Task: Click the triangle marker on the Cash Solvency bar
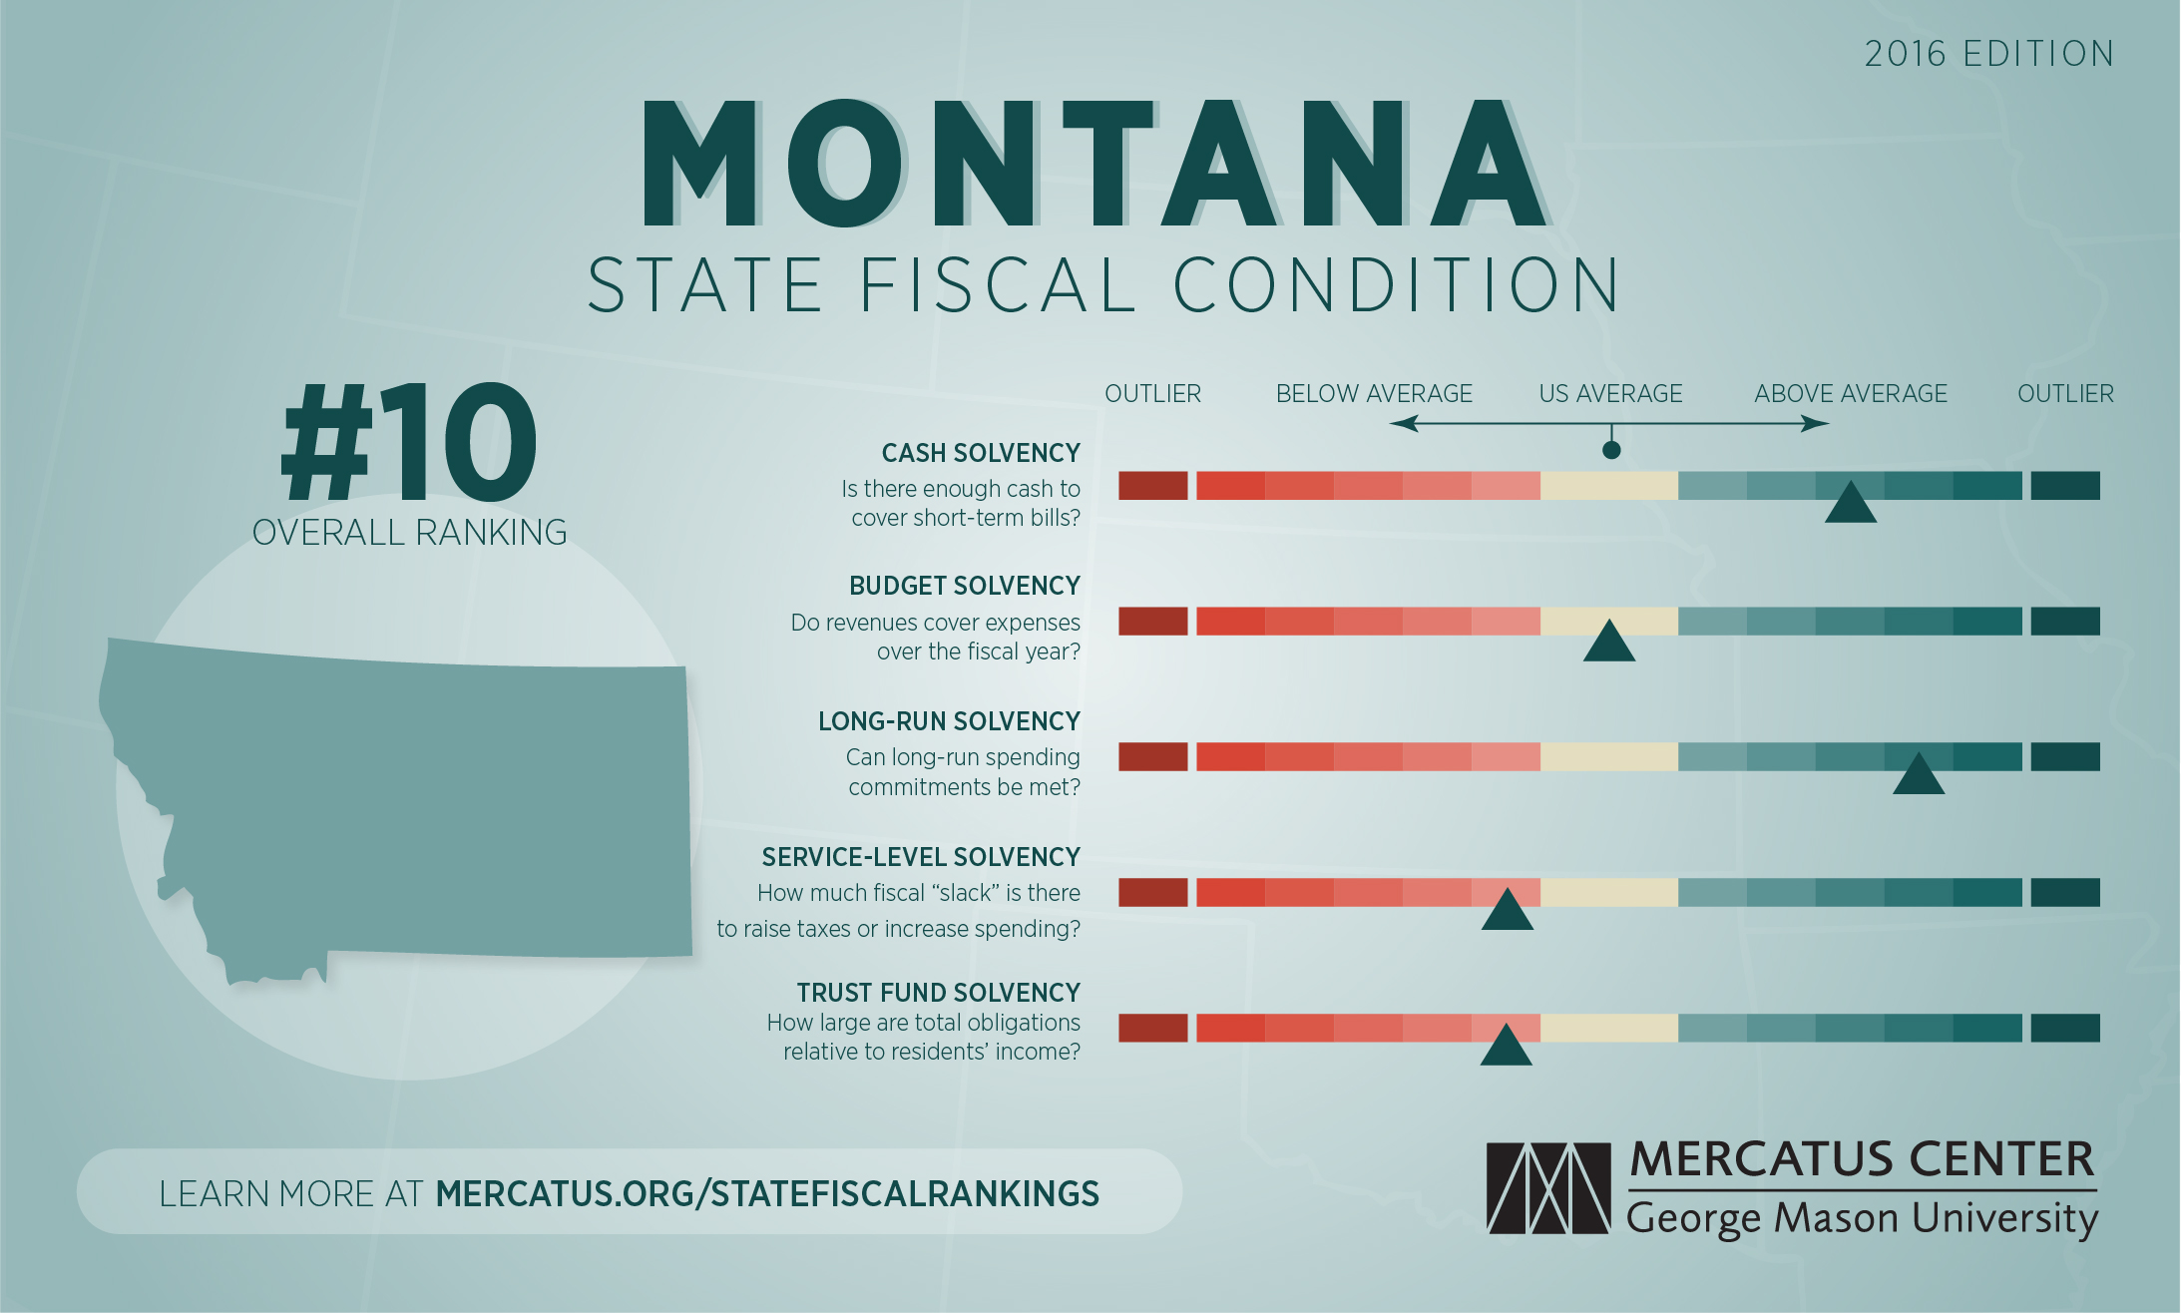click(x=1851, y=505)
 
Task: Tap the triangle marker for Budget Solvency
click(x=1609, y=644)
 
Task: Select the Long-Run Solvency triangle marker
click(x=1919, y=776)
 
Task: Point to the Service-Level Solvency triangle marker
click(x=1507, y=912)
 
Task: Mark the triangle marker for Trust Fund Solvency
click(x=1506, y=1048)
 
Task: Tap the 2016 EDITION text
click(x=1988, y=54)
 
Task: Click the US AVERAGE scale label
click(x=1610, y=394)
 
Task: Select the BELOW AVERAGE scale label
click(x=1374, y=394)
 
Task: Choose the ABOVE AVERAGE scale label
click(x=1851, y=394)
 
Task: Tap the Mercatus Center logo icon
click(x=1548, y=1187)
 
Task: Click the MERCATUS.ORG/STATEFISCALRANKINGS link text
click(x=767, y=1193)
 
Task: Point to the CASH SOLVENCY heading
click(x=981, y=453)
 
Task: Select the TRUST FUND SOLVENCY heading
click(x=938, y=993)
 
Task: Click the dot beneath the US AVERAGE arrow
click(x=1611, y=450)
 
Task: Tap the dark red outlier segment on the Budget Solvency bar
click(x=1152, y=622)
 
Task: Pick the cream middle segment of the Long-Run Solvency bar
click(x=1609, y=757)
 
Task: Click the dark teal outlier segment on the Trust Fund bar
click(x=2065, y=1028)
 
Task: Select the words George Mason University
click(x=1862, y=1219)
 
